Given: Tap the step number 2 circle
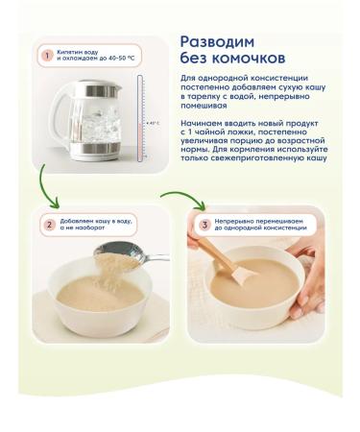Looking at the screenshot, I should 46,226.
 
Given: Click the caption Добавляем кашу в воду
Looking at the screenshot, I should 95,222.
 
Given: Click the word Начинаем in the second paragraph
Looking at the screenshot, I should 204,137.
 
